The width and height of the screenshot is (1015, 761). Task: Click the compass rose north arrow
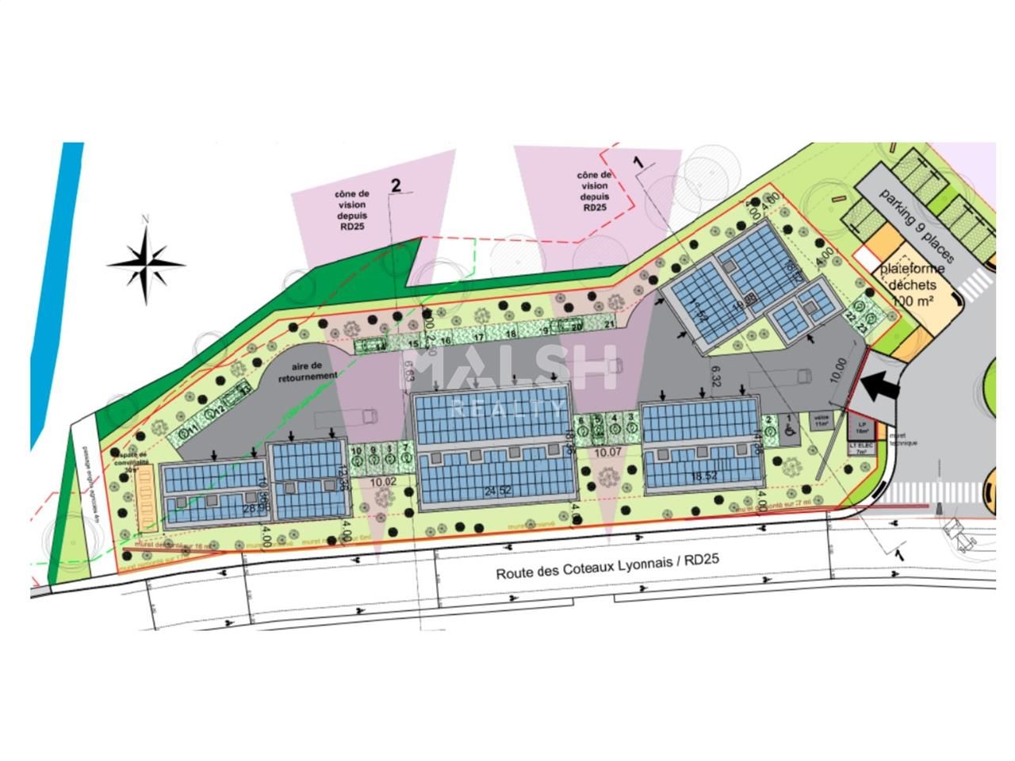pyautogui.click(x=146, y=258)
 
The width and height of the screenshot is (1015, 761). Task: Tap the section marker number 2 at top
pyautogui.click(x=396, y=185)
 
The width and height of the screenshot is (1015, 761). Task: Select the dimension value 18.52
pyautogui.click(x=703, y=476)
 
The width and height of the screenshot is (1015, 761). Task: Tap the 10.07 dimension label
pyautogui.click(x=607, y=452)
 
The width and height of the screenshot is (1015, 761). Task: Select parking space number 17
pyautogui.click(x=478, y=337)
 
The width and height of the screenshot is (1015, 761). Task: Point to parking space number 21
pyautogui.click(x=609, y=324)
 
